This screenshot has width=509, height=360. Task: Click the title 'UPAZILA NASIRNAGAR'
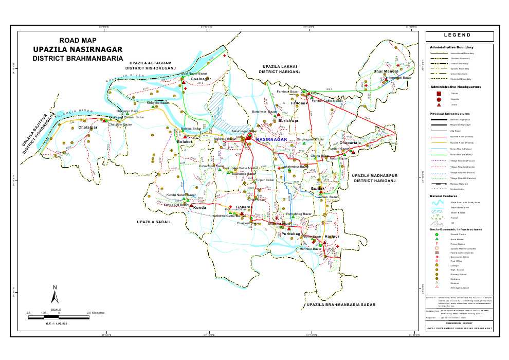tap(77, 49)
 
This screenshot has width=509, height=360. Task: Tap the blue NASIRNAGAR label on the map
tap(271, 139)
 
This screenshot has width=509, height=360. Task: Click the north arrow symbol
tap(54, 295)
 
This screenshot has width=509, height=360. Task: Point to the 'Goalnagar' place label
tap(201, 79)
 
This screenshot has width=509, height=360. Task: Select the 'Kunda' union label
tap(199, 207)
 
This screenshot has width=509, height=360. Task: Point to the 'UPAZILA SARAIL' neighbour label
tap(153, 221)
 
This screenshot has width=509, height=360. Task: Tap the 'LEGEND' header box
tap(460, 35)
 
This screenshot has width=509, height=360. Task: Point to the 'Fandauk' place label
tap(299, 103)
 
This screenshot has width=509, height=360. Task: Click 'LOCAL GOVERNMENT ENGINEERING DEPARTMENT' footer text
tap(460, 329)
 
